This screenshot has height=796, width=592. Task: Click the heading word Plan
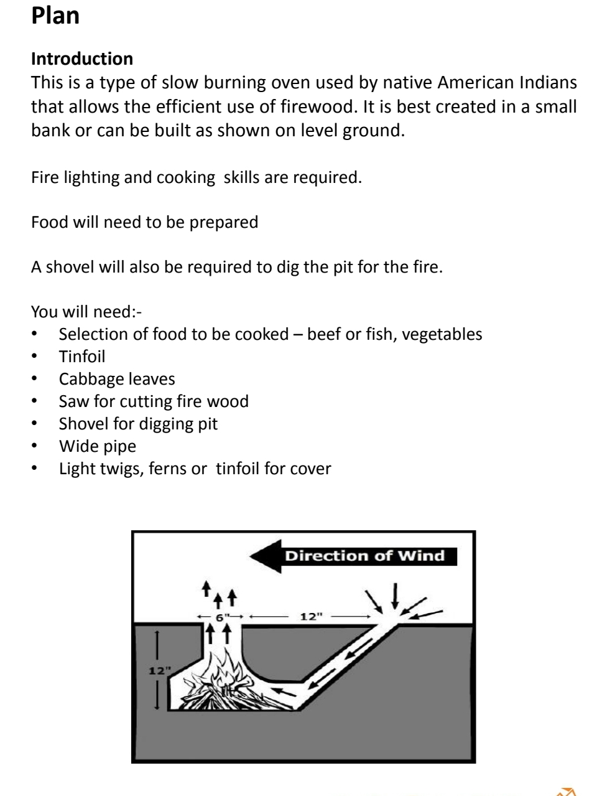pyautogui.click(x=55, y=16)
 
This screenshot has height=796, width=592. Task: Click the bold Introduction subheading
pyautogui.click(x=82, y=60)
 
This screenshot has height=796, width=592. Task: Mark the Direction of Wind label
pyautogui.click(x=364, y=556)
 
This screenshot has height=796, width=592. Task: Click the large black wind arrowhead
pyautogui.click(x=264, y=556)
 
